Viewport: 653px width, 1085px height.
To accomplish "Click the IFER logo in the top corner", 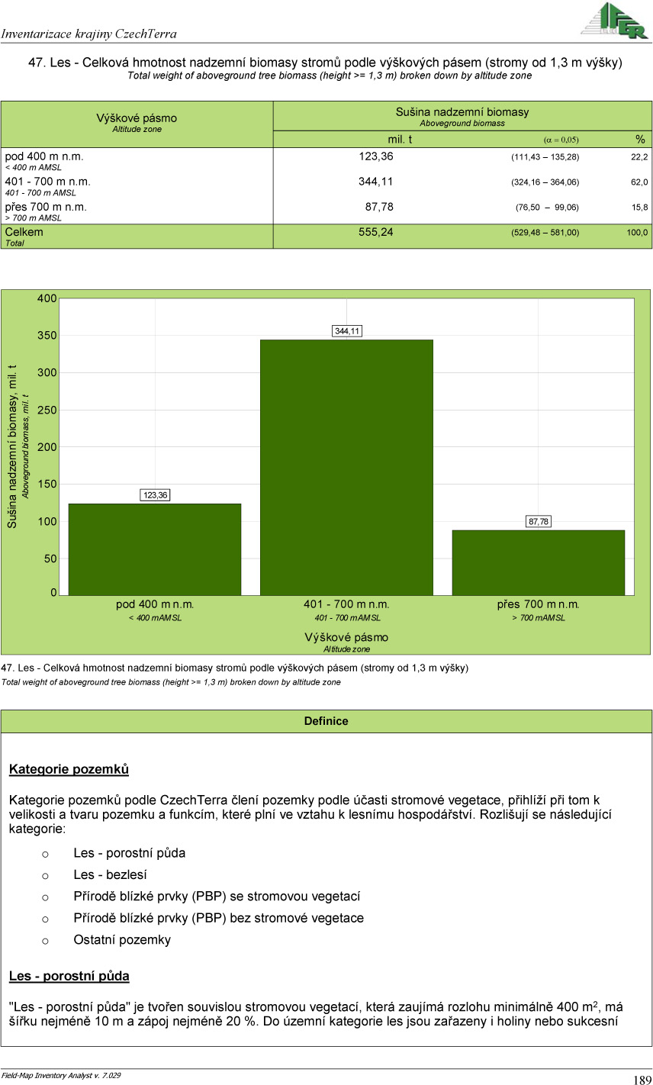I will coord(615,21).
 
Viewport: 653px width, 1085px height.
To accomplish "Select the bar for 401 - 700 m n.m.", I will coord(346,467).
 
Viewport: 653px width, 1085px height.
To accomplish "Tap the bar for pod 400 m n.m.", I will coord(155,549).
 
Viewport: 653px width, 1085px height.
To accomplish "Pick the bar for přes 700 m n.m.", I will coord(538,562).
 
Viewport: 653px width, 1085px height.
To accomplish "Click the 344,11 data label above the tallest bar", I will coord(347,331).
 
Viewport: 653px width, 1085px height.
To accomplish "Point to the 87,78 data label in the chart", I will coord(539,522).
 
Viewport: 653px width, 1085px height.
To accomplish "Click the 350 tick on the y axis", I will coord(47,336).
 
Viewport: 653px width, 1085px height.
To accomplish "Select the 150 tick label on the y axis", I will coord(47,485).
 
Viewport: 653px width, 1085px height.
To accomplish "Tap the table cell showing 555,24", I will coord(376,232).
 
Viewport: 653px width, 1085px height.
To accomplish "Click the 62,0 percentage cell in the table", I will coord(639,182).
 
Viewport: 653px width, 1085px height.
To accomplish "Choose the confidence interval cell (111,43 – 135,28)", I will coord(545,157).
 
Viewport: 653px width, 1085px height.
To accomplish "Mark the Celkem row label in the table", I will coord(24,232).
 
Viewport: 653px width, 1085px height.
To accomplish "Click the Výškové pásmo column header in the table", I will coord(137,118).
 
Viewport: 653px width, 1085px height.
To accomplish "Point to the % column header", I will coord(640,139).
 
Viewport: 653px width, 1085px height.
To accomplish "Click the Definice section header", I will coord(326,721).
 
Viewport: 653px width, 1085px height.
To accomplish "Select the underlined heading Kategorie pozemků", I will coord(69,769).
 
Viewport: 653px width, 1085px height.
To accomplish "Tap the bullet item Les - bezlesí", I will coord(110,874).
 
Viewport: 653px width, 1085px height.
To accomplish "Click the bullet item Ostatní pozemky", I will coord(122,940).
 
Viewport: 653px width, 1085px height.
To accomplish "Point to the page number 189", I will coord(642,1080).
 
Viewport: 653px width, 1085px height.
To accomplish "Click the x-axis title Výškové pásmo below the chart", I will coord(346,637).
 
